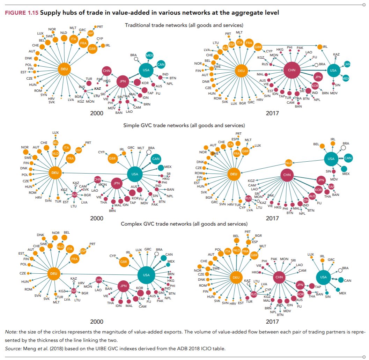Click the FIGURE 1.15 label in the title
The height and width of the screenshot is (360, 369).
click(21, 13)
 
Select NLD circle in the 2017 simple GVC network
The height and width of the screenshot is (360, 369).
click(288, 163)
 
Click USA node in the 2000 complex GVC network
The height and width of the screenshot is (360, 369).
click(146, 275)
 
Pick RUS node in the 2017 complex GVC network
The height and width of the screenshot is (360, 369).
click(254, 295)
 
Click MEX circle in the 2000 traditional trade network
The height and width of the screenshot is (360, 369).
click(149, 56)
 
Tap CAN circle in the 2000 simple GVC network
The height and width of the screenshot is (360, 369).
click(156, 159)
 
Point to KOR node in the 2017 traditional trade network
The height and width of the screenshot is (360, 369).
click(315, 86)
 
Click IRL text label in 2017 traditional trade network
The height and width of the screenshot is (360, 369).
click(325, 46)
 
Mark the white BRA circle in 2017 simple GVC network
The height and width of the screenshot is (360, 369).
click(343, 148)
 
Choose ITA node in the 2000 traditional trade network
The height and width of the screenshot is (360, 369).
click(74, 39)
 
